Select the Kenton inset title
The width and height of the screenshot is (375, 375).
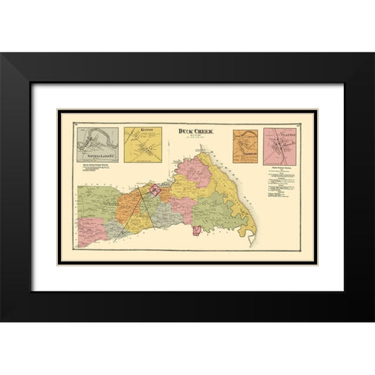pos(141,130)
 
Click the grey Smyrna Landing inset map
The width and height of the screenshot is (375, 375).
pos(97,145)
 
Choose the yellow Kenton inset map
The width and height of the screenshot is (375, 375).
pos(142,146)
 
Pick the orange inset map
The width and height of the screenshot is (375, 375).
pos(246,146)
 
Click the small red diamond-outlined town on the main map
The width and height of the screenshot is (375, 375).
pos(155,188)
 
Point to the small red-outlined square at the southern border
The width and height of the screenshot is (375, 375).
pos(197,230)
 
